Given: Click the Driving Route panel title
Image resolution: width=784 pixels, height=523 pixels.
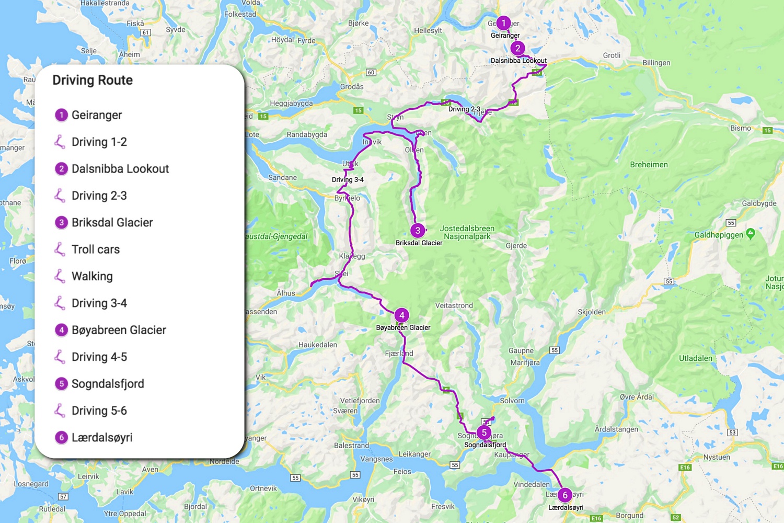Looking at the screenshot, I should pos(93,80).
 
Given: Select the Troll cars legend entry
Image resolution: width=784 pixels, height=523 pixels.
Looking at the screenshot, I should pos(95,249).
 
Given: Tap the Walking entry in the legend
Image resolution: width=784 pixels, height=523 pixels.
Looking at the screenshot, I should pos(92,276).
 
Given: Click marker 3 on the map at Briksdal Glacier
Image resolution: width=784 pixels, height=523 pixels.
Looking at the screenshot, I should pos(418,230).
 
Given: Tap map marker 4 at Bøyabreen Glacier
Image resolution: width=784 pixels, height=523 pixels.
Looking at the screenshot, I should pos(401,315).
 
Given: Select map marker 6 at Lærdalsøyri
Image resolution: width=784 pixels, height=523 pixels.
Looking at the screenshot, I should pos(564,495).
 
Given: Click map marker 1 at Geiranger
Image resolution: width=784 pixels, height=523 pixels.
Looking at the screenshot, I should pos(503,23).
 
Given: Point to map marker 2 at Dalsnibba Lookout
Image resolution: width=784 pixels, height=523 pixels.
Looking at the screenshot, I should pos(517,48).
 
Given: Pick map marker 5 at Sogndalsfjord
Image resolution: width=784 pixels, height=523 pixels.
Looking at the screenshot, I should pos(484,433).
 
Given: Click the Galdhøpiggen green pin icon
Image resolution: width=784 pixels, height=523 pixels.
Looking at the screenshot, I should pos(751,233).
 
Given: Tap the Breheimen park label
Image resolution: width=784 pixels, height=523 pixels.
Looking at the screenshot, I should pos(649,165).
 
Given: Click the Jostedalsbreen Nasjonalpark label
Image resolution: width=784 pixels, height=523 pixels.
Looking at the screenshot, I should pos(467,232).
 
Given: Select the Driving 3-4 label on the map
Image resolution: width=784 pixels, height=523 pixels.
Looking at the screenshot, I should pos(348,179).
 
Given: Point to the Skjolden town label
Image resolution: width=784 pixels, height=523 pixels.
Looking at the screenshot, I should pos(592,312).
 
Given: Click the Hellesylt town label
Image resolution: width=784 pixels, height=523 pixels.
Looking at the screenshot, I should pos(428,30).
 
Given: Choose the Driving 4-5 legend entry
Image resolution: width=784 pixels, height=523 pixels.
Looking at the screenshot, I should pos(99,357).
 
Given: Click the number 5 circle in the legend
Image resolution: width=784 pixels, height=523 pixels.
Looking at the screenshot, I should pos(61,383).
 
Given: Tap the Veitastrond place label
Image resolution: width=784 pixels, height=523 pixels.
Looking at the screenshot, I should pos(454,305).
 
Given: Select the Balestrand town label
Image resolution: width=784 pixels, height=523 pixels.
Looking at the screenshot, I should pos(351,446).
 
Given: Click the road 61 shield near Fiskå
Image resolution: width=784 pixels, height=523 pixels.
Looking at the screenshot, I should pos(146,32).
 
